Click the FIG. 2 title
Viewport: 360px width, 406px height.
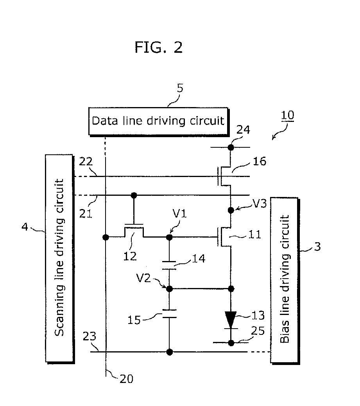[159, 47]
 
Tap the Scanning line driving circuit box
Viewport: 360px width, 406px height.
[60, 259]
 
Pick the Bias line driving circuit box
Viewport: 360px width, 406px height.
[285, 281]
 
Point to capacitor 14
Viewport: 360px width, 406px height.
[169, 265]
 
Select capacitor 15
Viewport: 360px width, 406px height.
[169, 313]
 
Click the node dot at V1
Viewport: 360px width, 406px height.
[169, 237]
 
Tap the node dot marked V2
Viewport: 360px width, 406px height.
[169, 289]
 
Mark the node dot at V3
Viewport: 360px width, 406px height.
[231, 210]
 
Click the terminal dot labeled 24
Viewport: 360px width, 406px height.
[231, 147]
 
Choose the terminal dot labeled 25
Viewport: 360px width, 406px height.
[231, 343]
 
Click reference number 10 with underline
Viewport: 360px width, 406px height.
[287, 116]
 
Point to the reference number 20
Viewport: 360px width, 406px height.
[126, 379]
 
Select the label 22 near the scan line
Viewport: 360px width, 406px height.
[86, 162]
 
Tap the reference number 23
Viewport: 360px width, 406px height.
[90, 336]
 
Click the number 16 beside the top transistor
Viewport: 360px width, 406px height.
[259, 161]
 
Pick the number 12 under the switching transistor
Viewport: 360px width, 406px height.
[130, 256]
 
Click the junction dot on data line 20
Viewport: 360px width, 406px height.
[106, 237]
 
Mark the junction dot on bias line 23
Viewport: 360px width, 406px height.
[169, 352]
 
